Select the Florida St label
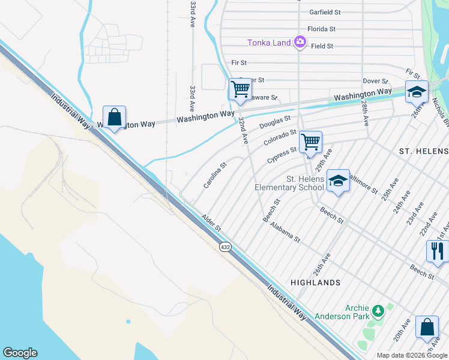[x=321, y=29]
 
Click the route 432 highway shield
[x=224, y=247]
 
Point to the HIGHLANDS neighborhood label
[x=315, y=282]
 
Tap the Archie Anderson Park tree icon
[x=378, y=311]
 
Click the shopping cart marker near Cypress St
[x=310, y=142]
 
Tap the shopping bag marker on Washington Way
[x=114, y=117]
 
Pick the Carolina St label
[x=214, y=175]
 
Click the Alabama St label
[x=285, y=231]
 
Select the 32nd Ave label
[x=243, y=130]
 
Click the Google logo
[x=20, y=353]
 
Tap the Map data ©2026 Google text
[x=412, y=355]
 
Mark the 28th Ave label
[x=365, y=112]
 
